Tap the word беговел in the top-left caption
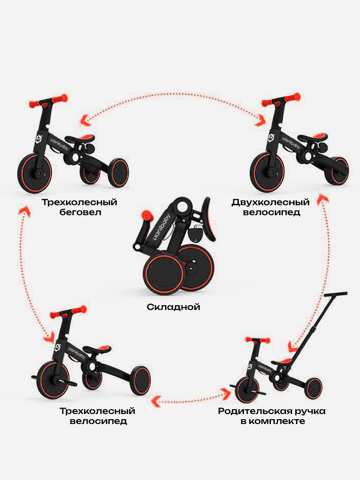tap(80, 212)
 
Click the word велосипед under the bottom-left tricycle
tap(98, 421)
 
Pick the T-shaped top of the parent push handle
tap(336, 294)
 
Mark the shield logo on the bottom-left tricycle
tap(58, 346)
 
